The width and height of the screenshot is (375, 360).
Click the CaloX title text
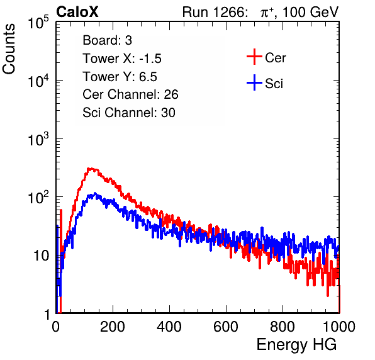77,12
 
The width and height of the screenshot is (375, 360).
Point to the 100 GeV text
311,12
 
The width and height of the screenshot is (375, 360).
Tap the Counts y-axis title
9,49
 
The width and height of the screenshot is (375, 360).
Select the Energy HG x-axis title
296,345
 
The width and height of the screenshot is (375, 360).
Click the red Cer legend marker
254,57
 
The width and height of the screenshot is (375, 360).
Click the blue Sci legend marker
254,82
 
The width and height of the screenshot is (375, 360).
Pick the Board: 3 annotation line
107,40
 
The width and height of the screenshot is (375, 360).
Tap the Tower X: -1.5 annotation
122,59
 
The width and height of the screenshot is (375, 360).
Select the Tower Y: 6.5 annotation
120,77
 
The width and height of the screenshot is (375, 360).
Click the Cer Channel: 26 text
130,94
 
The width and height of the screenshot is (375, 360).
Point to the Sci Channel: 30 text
129,113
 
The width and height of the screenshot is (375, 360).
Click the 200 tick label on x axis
113,327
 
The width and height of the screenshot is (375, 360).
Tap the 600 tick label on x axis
226,327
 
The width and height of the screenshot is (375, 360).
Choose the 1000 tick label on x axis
339,327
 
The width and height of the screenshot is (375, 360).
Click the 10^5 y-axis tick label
38,23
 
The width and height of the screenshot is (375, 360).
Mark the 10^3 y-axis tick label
38,140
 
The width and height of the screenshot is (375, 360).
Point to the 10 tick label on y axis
42,256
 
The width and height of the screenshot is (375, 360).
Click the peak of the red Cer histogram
89,169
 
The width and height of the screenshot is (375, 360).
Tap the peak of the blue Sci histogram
95,193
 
